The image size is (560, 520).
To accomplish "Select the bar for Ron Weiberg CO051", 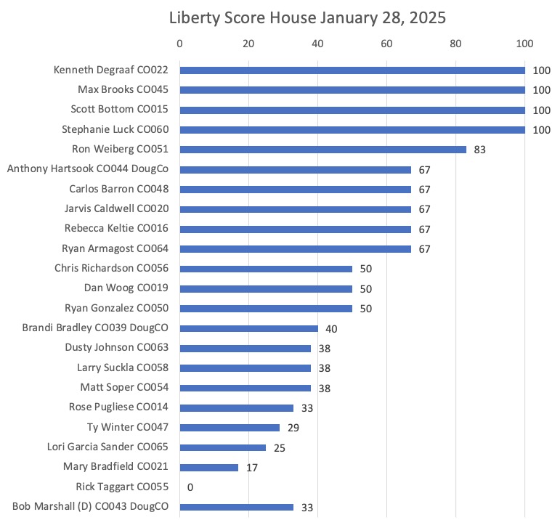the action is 323,150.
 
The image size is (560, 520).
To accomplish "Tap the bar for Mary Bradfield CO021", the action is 209,468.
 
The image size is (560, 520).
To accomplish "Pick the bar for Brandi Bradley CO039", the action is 249,328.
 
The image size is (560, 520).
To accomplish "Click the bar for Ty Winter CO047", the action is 230,428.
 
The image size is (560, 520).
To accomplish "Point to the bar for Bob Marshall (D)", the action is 237,507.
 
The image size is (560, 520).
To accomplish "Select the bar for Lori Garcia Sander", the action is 223,447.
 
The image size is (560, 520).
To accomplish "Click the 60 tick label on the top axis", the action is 386,44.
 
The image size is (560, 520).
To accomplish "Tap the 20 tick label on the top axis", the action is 248,44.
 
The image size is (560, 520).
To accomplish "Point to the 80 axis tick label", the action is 455,44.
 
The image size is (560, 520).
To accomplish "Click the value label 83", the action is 479,150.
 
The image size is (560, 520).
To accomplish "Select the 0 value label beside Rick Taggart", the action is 190,487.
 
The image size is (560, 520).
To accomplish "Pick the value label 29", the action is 293,428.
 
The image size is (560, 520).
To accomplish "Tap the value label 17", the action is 252,468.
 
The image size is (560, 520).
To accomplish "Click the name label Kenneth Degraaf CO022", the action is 110,70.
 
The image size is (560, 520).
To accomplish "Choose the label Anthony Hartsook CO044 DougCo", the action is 87,168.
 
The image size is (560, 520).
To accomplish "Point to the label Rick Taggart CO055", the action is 122,487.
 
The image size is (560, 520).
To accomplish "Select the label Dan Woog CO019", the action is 126,288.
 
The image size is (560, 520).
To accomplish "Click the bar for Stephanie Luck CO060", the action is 352,130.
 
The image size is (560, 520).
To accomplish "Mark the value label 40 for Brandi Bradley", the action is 331,328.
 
